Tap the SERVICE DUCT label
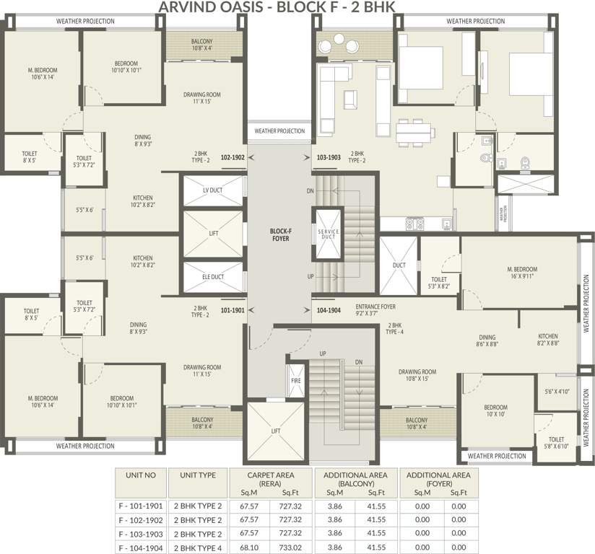(x=328, y=234)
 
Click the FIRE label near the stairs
(x=295, y=380)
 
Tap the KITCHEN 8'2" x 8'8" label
(x=548, y=340)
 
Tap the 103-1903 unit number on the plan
(x=329, y=157)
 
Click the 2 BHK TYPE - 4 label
(x=394, y=329)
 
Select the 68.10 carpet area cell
(x=248, y=547)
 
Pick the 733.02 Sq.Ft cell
(x=290, y=547)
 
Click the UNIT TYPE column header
(x=196, y=475)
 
